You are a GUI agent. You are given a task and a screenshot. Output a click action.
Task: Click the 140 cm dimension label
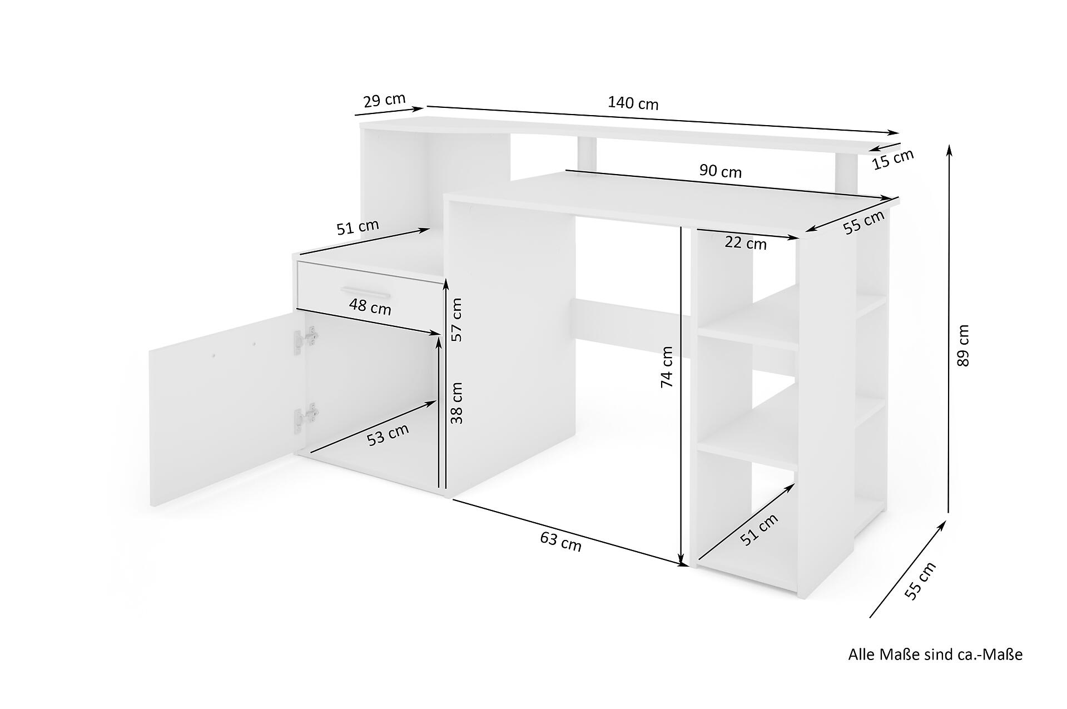[x=633, y=103]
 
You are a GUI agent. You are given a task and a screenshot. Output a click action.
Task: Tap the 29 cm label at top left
[x=384, y=100]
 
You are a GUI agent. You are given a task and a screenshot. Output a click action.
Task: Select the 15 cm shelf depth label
[x=892, y=159]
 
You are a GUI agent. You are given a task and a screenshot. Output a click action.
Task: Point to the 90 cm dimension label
[x=720, y=171]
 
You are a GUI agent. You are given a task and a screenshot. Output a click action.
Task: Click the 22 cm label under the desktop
[x=746, y=243]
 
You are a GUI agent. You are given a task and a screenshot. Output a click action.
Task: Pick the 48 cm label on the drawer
[x=370, y=306]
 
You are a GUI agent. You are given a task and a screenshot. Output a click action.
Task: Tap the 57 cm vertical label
[x=456, y=320]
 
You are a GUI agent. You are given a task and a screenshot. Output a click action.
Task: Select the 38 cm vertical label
[x=456, y=403]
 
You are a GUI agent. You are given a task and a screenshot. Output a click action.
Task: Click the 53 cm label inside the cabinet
[x=388, y=434]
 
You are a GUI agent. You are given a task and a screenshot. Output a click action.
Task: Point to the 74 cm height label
[x=666, y=367]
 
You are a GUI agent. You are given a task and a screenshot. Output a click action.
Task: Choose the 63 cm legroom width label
[x=560, y=541]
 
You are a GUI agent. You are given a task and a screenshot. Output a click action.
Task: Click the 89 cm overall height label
[x=963, y=345]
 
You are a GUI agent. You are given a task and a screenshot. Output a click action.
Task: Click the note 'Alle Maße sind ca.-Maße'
[x=935, y=655]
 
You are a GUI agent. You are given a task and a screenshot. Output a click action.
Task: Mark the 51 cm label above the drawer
[x=358, y=227]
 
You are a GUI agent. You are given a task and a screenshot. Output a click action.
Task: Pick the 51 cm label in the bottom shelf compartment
[x=760, y=529]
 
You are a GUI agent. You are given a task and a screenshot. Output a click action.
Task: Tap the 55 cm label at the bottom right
[x=921, y=581]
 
